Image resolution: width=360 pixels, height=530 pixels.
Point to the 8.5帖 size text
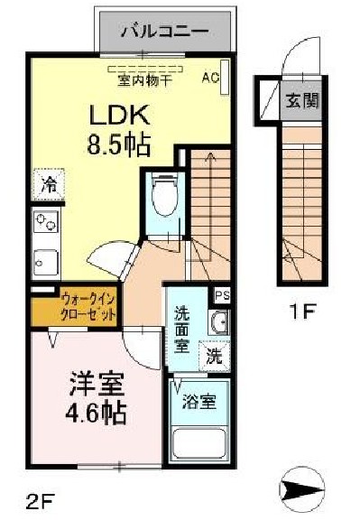click(x=118, y=144)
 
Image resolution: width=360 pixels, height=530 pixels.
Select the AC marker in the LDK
click(x=210, y=78)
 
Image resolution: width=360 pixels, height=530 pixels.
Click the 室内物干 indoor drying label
click(x=144, y=79)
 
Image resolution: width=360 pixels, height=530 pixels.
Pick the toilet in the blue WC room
click(x=163, y=191)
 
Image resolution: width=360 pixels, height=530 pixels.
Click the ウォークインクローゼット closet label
click(x=88, y=307)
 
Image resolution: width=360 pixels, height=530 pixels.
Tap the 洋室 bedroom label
click(x=94, y=384)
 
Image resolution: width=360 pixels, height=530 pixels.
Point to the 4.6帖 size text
click(x=96, y=413)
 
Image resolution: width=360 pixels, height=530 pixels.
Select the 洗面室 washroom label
click(x=181, y=329)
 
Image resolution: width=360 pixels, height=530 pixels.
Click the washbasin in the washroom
click(x=217, y=321)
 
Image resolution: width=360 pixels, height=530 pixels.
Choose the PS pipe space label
click(x=221, y=293)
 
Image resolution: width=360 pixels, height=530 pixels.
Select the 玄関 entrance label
click(x=302, y=99)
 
